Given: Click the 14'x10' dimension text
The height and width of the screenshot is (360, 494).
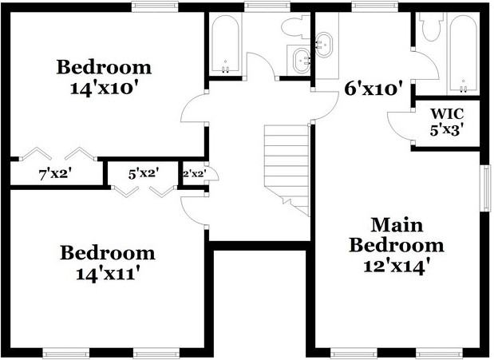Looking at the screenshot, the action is pos(104,89).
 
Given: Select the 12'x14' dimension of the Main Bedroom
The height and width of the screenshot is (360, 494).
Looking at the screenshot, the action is pos(397,267).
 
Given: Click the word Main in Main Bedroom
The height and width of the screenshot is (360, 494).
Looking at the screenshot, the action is pos(397,225).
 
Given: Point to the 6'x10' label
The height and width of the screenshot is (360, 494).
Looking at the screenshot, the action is pos(374,89).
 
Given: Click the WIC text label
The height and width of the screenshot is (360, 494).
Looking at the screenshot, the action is pos(447,113).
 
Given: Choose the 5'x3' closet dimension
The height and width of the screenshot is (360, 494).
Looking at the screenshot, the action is pos(447,130).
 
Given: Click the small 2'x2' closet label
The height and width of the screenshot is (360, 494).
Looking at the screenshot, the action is pos(195,173).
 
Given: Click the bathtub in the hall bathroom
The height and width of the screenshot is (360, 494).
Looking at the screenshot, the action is pos(225,44).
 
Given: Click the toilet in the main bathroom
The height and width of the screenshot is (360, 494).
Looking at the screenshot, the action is pos(433,27).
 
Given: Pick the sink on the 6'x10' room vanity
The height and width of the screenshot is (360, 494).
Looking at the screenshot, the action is pos(323,45).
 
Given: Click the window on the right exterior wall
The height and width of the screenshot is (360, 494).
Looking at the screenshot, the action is pos(488,188).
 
